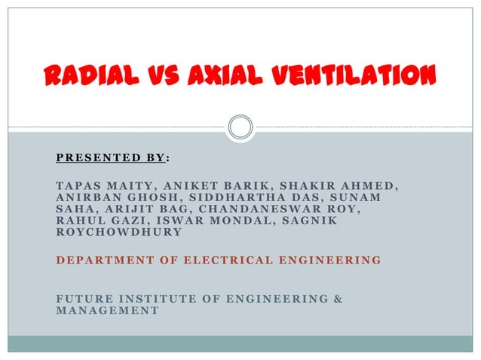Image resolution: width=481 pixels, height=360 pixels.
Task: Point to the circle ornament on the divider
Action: pyautogui.click(x=240, y=127)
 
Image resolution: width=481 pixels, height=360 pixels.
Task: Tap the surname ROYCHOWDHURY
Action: pyautogui.click(x=118, y=233)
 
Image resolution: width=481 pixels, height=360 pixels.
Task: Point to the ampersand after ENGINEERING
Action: pyautogui.click(x=337, y=299)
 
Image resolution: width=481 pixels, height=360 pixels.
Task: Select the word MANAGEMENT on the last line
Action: pyautogui.click(x=107, y=310)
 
